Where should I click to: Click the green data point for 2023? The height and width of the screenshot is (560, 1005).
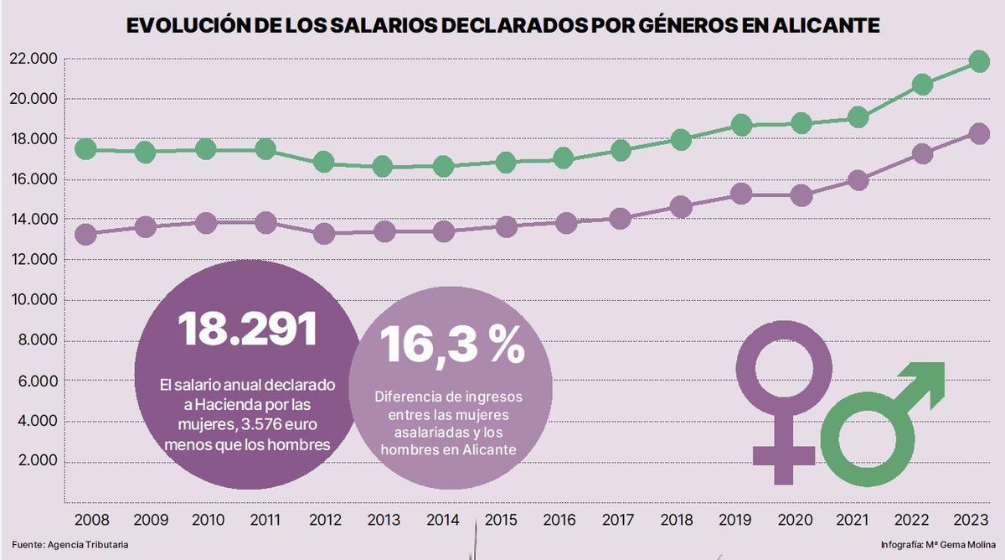coord(978,62)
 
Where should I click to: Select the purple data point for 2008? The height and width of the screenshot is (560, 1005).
coord(85,235)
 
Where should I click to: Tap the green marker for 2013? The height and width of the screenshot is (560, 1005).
coord(382,167)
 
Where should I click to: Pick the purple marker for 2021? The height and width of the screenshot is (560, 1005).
coord(858,180)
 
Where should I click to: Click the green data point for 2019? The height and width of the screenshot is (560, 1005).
coord(741,126)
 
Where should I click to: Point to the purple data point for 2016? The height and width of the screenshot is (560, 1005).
coord(565,223)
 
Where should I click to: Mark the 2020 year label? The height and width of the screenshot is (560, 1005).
coord(801,521)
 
